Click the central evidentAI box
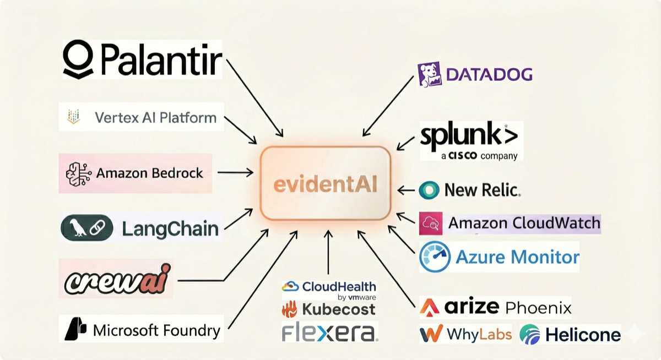coord(326,184)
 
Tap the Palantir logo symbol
coord(78,59)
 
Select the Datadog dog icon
coord(430,74)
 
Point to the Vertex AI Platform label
coord(155,117)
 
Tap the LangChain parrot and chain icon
coord(87,228)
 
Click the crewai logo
coord(117,280)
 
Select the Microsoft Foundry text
coord(156,330)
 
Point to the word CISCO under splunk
coord(464,156)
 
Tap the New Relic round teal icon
coord(429,190)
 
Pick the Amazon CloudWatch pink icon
coord(430,223)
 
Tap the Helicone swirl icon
coord(530,334)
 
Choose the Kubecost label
coord(328,309)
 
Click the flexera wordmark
coord(329,332)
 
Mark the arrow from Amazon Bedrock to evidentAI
coord(235,173)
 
